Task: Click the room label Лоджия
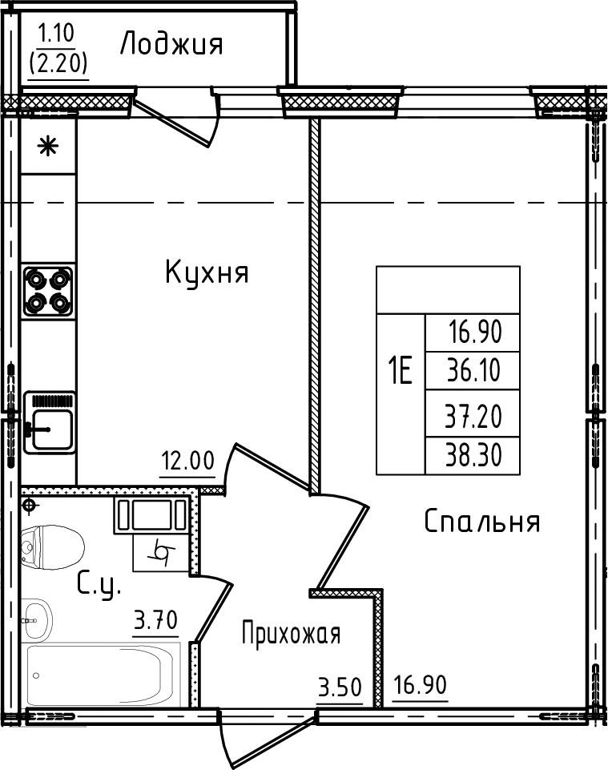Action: tap(171, 45)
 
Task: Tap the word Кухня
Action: tap(207, 272)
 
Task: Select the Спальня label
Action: tap(481, 522)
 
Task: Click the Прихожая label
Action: tap(292, 635)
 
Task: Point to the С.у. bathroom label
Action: tap(99, 586)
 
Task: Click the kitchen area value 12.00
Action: tap(187, 462)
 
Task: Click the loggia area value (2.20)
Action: tap(58, 61)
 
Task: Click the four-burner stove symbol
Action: tap(48, 291)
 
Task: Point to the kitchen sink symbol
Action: tap(50, 422)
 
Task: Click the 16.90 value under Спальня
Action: tap(420, 687)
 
